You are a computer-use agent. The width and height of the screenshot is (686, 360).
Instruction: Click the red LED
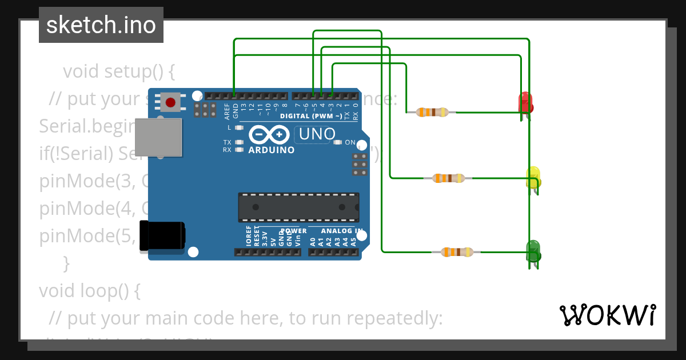point(525,103)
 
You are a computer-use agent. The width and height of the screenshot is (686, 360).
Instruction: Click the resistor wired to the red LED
point(432,112)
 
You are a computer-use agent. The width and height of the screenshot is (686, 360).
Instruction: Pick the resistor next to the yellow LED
point(449,178)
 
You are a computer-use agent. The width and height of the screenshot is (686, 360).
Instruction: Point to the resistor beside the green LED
point(457,252)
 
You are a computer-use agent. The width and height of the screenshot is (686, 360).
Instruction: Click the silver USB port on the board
point(158,137)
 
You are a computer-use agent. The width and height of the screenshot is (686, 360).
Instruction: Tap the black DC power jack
point(162,237)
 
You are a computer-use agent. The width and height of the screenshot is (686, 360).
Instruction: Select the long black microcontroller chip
point(298,207)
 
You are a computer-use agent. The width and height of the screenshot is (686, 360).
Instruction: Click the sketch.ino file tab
point(101,25)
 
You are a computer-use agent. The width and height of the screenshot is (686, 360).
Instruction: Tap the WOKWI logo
point(607,315)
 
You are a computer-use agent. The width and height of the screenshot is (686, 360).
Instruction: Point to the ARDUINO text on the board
point(272,150)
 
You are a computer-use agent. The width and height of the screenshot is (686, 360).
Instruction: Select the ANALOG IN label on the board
point(342,231)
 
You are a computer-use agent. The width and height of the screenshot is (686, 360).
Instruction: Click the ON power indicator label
point(350,142)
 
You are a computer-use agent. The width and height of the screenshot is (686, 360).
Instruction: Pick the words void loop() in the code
point(89,290)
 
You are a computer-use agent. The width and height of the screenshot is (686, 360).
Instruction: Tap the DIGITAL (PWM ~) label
point(311,116)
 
